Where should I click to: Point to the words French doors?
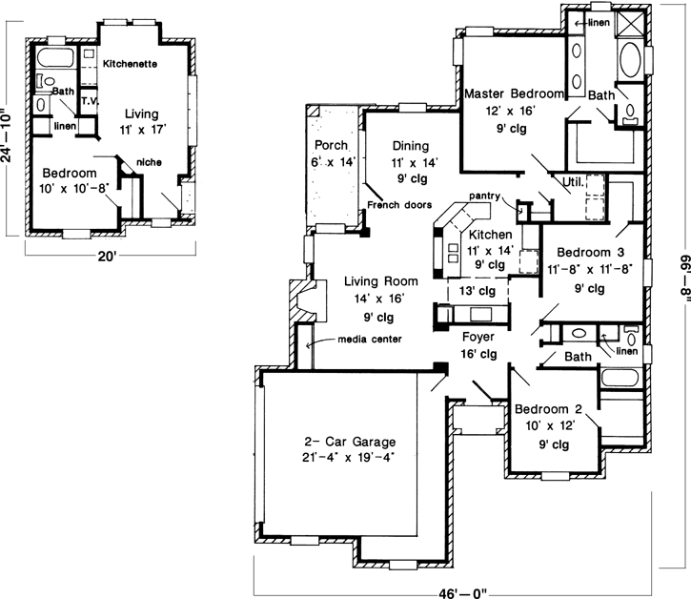click(x=400, y=205)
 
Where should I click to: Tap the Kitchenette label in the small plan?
click(x=130, y=63)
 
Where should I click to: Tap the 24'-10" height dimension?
click(x=9, y=134)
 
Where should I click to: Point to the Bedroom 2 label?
click(x=547, y=410)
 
